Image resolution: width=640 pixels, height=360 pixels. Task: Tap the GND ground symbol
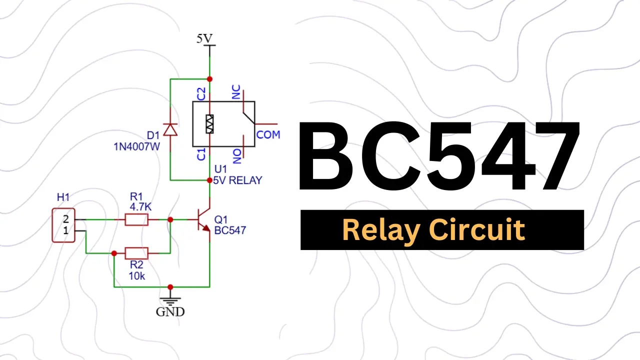point(170,301)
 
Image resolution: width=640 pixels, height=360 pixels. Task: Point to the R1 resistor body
point(136,219)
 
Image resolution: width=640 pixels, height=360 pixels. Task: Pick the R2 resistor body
point(136,253)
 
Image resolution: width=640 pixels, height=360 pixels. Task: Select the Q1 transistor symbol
point(204,220)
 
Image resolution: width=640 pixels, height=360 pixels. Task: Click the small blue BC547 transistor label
point(230,230)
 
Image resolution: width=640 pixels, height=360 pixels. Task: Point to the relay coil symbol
point(209,124)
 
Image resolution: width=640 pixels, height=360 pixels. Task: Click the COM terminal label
point(268,134)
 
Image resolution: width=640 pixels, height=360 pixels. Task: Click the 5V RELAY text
point(237,180)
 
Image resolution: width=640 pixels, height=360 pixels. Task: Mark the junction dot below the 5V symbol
point(209,79)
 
